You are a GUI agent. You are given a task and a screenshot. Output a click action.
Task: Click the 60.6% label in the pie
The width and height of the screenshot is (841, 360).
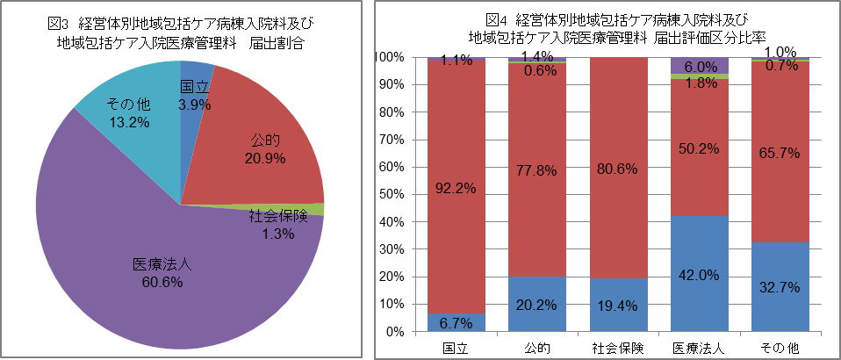tap(162, 282)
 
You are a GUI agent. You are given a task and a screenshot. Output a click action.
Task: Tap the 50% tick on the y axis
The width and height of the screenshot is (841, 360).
tap(391, 195)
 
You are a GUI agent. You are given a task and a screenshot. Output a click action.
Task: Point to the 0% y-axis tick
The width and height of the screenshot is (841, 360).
tap(394, 333)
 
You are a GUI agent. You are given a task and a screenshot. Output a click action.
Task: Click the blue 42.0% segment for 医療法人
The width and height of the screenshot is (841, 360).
tap(700, 274)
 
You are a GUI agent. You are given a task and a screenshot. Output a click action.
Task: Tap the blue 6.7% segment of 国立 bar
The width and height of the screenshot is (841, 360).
tap(456, 323)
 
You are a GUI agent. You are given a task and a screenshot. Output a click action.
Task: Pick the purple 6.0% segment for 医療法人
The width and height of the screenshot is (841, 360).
tap(700, 65)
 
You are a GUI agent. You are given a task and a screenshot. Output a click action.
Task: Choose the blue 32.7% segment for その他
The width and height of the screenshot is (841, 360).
tap(780, 287)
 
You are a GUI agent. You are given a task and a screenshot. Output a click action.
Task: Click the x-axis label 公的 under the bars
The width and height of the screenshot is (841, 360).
tap(537, 349)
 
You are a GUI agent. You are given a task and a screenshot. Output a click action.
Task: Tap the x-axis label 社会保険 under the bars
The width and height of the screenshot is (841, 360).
tap(618, 349)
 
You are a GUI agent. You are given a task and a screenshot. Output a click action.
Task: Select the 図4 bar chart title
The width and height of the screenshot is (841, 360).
tap(620, 28)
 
